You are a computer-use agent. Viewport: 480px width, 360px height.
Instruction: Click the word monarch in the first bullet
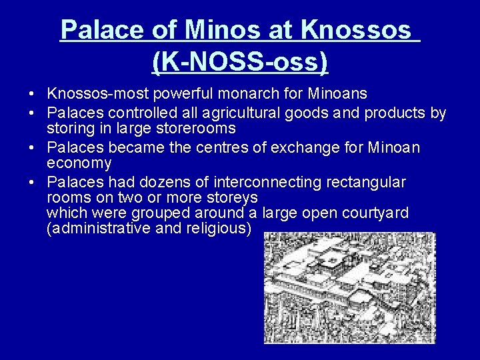click(259, 93)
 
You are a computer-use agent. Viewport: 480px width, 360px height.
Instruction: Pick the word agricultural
click(243, 113)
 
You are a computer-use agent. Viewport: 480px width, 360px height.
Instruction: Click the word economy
click(79, 163)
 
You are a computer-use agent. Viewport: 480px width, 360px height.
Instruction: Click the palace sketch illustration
click(349, 287)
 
